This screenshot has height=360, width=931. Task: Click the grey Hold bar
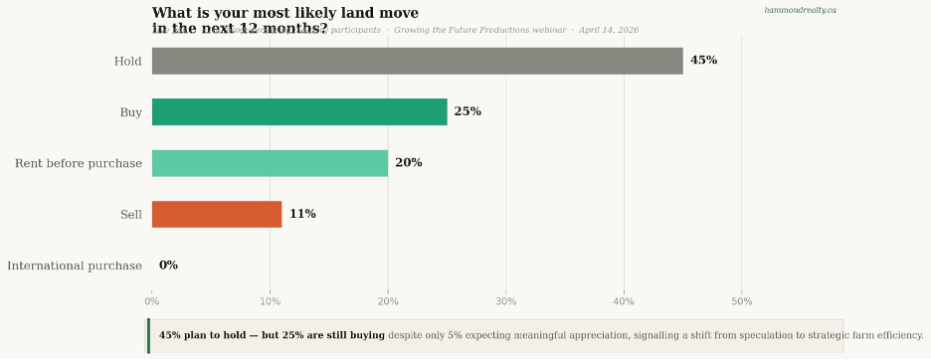417,61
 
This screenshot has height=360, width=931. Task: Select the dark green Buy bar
299,112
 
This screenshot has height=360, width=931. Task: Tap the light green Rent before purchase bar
270,163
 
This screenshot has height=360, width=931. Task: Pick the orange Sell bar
217,214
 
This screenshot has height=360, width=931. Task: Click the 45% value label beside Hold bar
703,61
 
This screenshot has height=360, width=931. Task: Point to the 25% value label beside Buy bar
467,112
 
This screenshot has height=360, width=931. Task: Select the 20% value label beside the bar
408,163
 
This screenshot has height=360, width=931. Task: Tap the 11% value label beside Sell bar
302,214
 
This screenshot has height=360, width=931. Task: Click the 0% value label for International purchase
168,266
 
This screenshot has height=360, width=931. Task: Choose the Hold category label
127,62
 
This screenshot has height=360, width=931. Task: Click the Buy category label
130,112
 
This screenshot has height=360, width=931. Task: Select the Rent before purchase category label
79,163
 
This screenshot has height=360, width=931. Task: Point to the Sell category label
130,214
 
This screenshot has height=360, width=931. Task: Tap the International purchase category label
75,266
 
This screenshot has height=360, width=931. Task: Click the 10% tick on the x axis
270,300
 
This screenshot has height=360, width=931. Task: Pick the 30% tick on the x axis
505,300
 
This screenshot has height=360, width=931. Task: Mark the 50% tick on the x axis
741,300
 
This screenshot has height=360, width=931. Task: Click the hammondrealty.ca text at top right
800,10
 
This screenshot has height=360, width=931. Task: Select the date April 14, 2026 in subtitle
609,30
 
